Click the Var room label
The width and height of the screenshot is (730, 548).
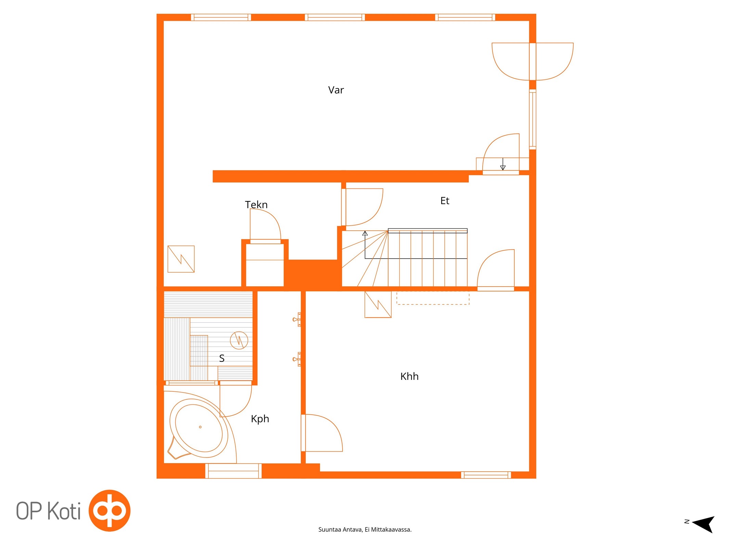(336, 90)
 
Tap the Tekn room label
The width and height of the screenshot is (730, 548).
(256, 204)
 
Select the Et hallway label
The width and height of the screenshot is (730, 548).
(445, 201)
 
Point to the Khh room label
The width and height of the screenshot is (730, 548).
(409, 376)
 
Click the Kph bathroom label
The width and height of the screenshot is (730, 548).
(260, 419)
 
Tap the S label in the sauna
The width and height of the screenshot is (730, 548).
(222, 358)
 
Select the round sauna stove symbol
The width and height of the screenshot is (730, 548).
(239, 340)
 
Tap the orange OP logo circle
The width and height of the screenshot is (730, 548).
(110, 510)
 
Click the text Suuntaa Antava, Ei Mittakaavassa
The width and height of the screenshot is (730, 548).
(365, 530)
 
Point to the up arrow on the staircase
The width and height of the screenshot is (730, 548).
(365, 245)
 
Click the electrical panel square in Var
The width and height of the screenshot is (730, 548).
(181, 259)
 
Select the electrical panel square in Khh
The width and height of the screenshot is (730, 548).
(378, 304)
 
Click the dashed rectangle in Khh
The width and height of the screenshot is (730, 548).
(433, 298)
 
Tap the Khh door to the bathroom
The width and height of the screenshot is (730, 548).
(322, 433)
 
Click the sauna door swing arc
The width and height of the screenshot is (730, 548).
(244, 408)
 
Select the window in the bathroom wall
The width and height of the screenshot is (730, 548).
(233, 471)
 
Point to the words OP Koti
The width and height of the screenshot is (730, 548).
(49, 511)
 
